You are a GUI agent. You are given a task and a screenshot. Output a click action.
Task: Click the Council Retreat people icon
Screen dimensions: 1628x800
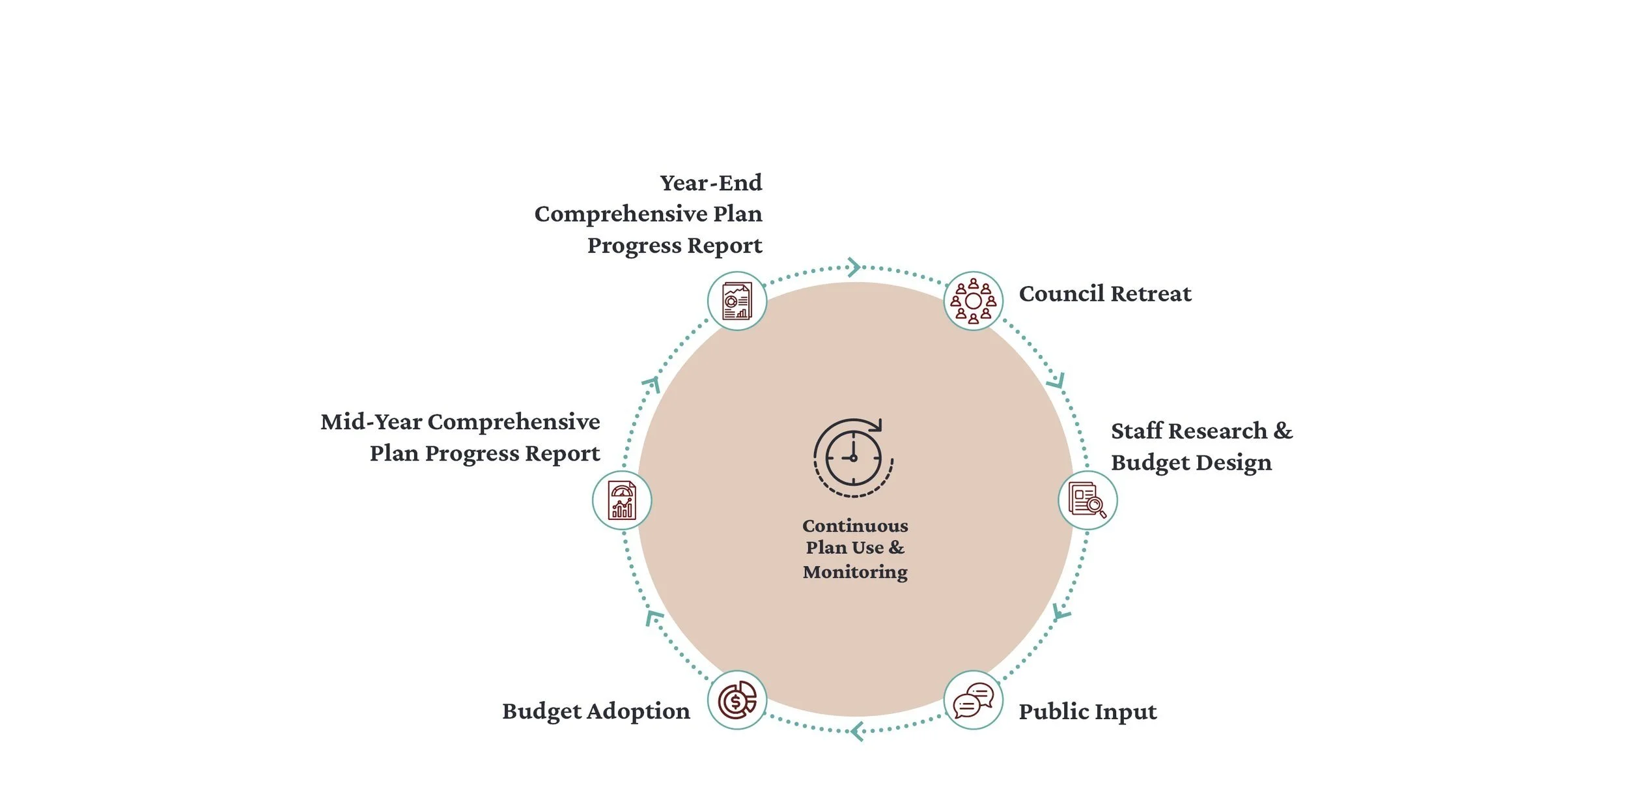(973, 301)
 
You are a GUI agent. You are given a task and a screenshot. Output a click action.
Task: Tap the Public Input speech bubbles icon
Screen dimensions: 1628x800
(973, 700)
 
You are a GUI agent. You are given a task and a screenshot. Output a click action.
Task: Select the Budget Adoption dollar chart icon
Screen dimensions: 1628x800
(737, 700)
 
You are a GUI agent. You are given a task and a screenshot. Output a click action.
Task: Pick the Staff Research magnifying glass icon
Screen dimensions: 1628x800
(1087, 500)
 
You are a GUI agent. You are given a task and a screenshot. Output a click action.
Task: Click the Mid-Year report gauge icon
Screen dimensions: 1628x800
(622, 500)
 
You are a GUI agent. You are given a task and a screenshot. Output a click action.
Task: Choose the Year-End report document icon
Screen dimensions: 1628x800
(737, 301)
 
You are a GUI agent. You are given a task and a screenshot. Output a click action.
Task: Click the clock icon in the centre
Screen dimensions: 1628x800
(853, 457)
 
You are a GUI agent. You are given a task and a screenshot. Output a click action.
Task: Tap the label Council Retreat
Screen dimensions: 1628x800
(1105, 294)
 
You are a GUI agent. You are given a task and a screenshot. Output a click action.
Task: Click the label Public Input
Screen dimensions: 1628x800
(1088, 711)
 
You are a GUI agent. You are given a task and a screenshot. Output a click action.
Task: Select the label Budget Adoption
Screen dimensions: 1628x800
(596, 711)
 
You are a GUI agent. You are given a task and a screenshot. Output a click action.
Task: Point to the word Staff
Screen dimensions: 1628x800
(1136, 431)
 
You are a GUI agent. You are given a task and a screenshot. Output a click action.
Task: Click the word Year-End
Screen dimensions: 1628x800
(710, 183)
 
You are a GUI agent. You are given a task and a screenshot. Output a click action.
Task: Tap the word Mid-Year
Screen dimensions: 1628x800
(371, 422)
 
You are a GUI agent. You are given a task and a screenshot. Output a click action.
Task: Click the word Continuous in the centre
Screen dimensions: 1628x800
(855, 526)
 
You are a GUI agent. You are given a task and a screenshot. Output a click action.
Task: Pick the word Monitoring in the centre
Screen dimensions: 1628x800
(855, 572)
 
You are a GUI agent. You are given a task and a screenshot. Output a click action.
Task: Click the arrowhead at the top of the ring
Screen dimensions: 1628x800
(854, 266)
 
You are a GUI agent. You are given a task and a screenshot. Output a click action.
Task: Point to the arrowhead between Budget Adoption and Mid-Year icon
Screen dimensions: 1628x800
(653, 617)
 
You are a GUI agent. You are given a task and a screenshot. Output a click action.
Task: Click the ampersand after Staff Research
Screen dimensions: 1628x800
(1283, 431)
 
